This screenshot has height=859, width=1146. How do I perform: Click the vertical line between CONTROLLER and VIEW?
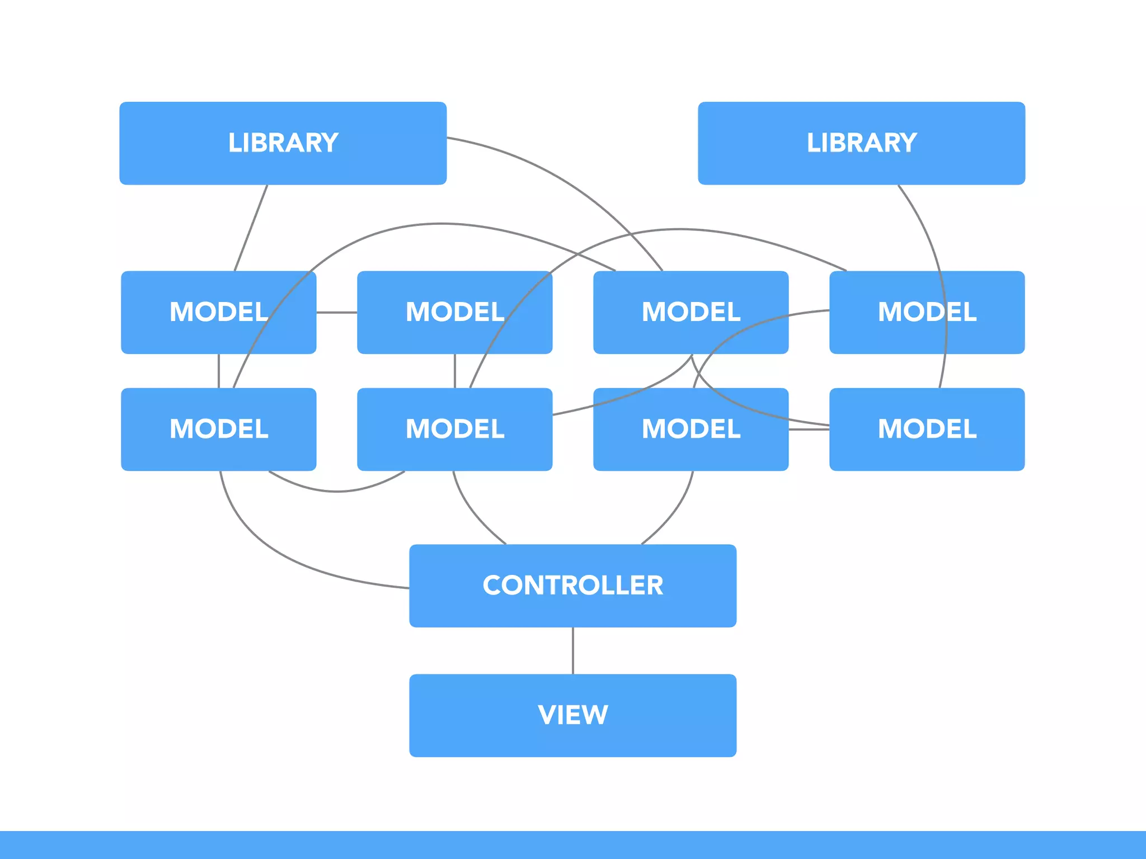pos(573,650)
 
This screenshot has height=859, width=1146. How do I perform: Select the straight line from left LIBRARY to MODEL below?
pos(251,228)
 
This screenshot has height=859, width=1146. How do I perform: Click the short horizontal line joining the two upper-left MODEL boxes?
pos(336,312)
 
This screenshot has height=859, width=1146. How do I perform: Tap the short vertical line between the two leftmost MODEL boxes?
pos(218,371)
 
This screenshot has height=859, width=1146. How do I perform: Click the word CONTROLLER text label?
pos(572,586)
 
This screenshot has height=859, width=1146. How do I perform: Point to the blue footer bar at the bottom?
pos(572,844)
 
